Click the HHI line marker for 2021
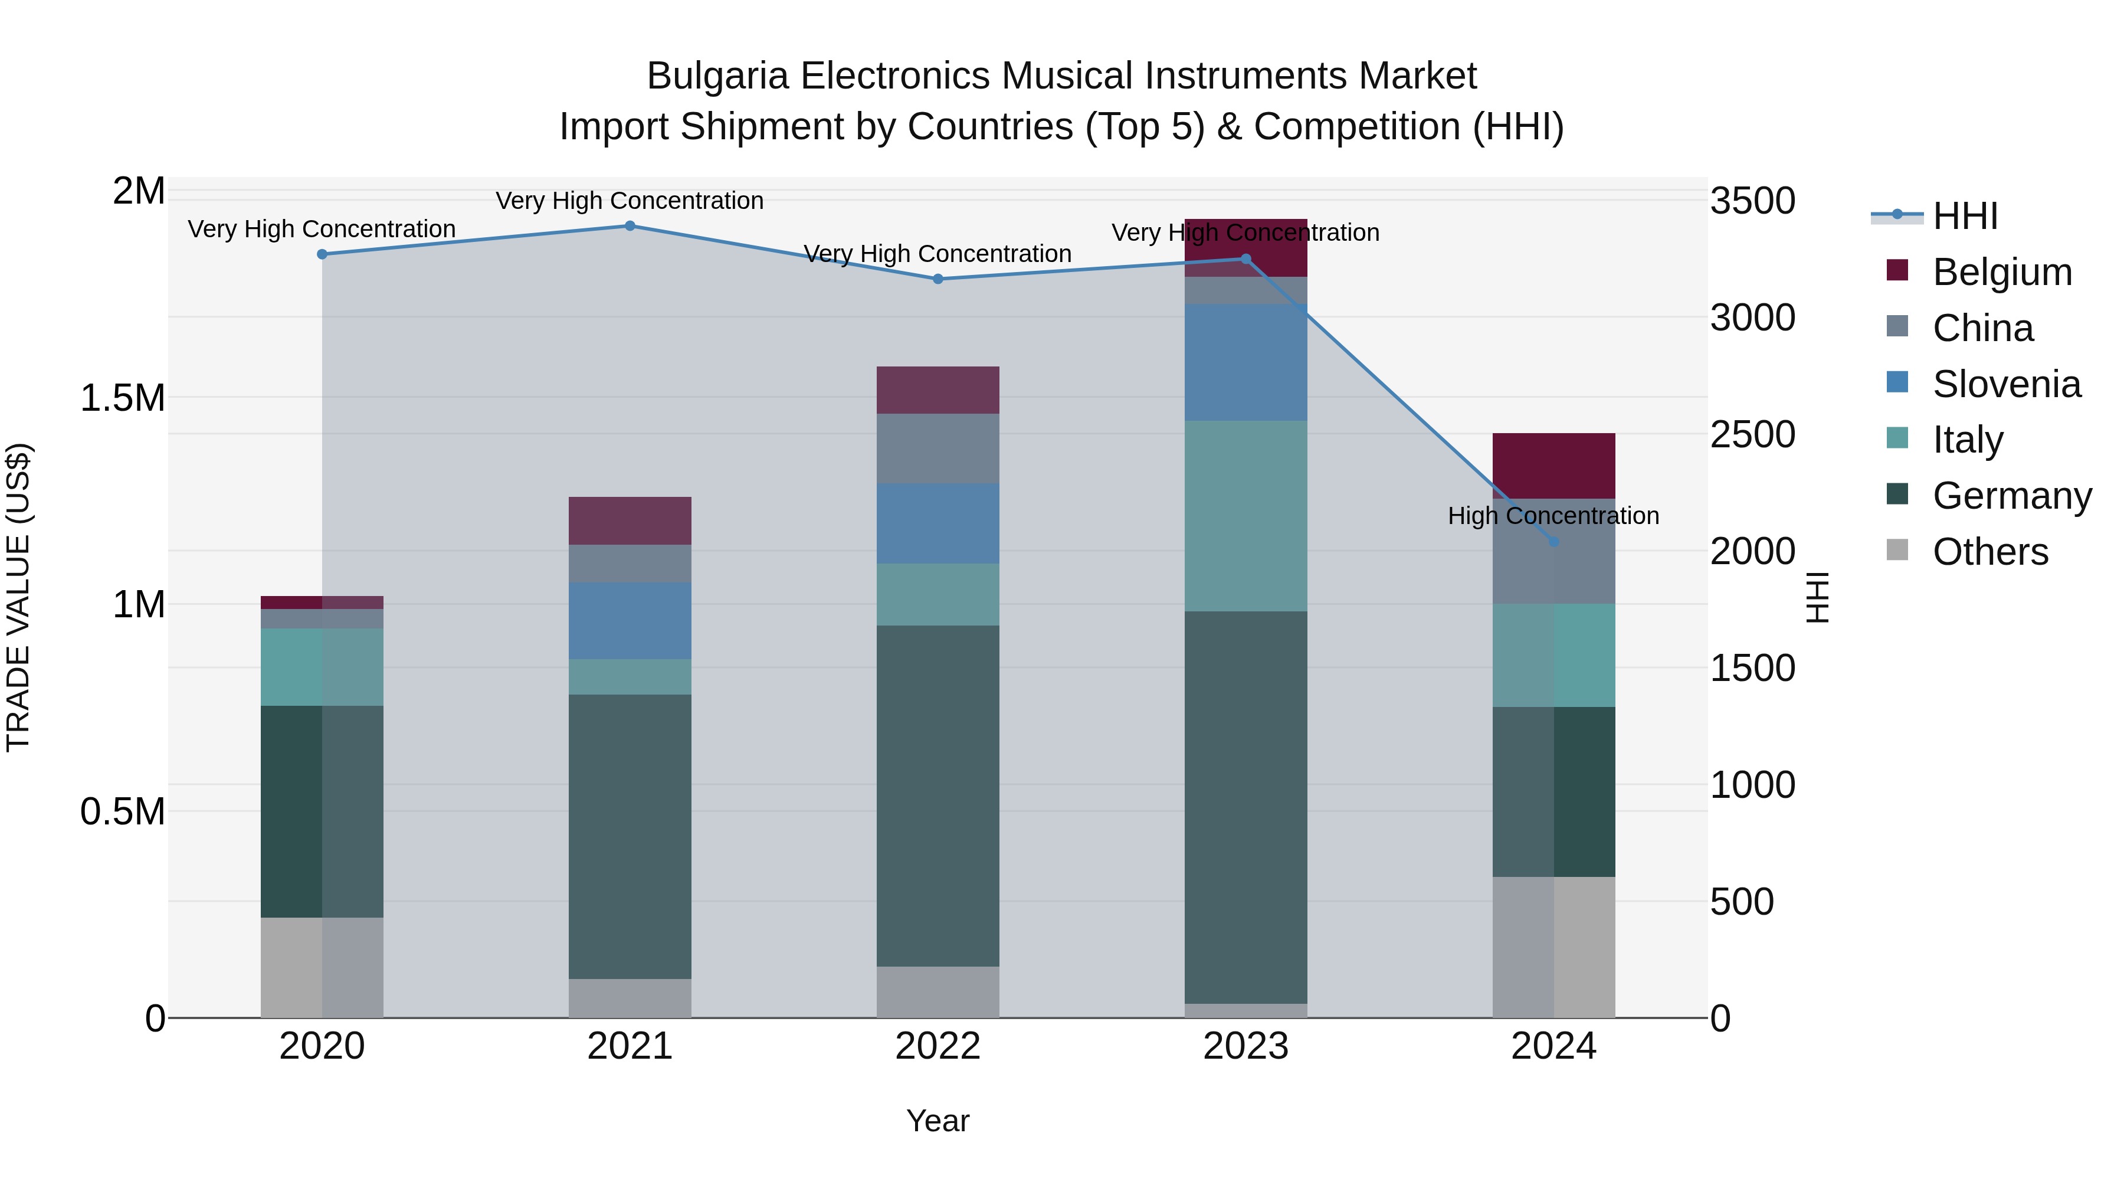[630, 226]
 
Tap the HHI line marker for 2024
[1553, 542]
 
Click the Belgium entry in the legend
[2001, 272]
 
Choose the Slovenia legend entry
[2006, 384]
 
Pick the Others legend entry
[1989, 552]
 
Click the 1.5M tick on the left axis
[123, 398]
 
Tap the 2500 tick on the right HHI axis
[1752, 434]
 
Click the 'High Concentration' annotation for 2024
[1553, 516]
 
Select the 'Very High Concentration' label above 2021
[630, 201]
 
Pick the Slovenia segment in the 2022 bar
[938, 523]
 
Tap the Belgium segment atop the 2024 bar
[1553, 466]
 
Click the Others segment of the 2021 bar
[630, 998]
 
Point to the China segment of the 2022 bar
[938, 448]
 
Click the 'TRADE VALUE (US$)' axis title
[18, 597]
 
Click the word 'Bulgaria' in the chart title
[716, 76]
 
